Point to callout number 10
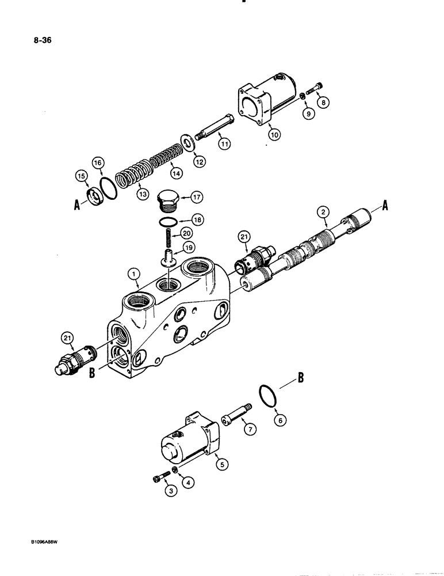[x=274, y=134]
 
